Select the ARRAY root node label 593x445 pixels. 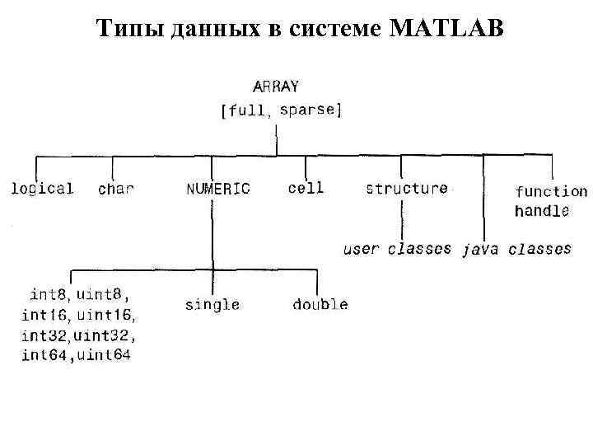(x=276, y=86)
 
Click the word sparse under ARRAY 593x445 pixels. (x=308, y=110)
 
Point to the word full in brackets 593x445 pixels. (x=246, y=111)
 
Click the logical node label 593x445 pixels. (x=42, y=188)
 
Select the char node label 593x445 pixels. (x=116, y=189)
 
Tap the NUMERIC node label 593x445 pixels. (x=217, y=189)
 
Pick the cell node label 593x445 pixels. (x=306, y=188)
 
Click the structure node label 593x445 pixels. (x=407, y=188)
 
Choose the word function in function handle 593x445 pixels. (x=551, y=192)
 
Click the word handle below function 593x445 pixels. (x=541, y=211)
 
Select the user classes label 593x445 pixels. (x=397, y=248)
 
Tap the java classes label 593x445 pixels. (x=517, y=248)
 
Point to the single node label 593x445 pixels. (x=212, y=305)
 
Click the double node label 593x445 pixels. (x=320, y=305)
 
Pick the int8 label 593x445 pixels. (x=49, y=293)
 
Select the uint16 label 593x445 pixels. (x=106, y=314)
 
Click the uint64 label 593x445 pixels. (x=103, y=356)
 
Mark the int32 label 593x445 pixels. (x=45, y=335)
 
